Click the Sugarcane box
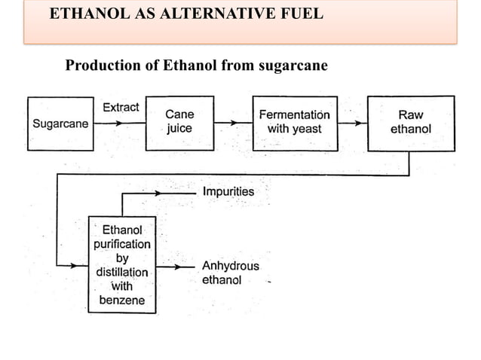point(60,124)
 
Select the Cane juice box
point(179,122)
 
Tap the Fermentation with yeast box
point(294,122)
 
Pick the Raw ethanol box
point(411,122)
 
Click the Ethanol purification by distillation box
point(121,264)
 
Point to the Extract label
point(121,107)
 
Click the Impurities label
point(228,192)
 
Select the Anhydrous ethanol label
point(229,273)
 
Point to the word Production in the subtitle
point(101,66)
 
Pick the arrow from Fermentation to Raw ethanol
point(351,123)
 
